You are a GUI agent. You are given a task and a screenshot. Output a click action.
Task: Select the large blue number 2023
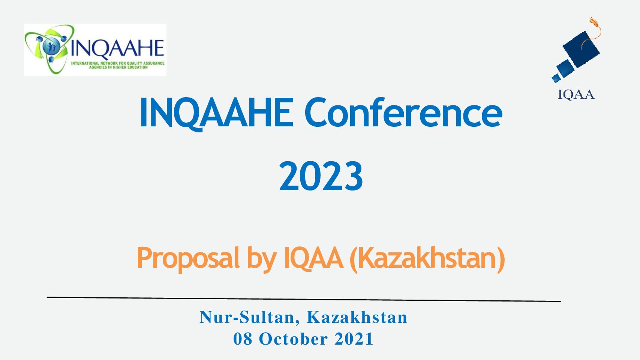click(321, 176)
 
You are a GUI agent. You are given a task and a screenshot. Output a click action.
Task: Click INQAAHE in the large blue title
click(217, 113)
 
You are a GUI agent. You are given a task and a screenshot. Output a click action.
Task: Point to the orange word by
click(262, 259)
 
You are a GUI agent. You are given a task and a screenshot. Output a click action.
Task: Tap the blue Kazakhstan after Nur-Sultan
click(357, 317)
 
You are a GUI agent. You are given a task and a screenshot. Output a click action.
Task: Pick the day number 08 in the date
click(243, 339)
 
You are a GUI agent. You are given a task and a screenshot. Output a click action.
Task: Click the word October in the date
click(293, 339)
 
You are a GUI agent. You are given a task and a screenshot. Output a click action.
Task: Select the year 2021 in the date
click(354, 339)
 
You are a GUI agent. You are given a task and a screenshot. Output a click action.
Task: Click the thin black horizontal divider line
click(304, 299)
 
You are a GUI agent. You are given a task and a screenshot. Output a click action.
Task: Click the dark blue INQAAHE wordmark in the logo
click(117, 48)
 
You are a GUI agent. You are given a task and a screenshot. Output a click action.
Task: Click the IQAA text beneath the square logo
click(576, 94)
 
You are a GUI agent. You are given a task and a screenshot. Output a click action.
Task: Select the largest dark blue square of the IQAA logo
click(581, 49)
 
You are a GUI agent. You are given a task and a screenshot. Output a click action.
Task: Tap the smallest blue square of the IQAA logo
click(556, 78)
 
